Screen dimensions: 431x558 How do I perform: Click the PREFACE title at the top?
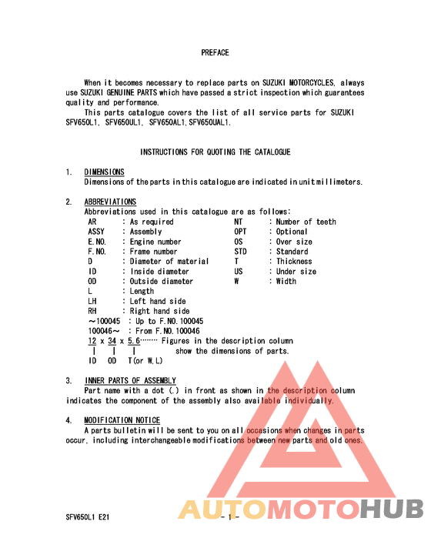pyautogui.click(x=215, y=53)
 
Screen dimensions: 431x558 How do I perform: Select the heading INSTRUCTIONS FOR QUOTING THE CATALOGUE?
pyautogui.click(x=215, y=152)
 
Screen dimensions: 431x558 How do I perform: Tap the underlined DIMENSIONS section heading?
pyautogui.click(x=104, y=172)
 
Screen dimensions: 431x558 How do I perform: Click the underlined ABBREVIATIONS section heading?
pyautogui.click(x=110, y=202)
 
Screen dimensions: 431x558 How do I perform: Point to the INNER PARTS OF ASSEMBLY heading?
pyautogui.click(x=130, y=381)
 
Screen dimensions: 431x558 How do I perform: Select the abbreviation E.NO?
pyautogui.click(x=97, y=242)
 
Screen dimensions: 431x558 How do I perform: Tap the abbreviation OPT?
pyautogui.click(x=240, y=232)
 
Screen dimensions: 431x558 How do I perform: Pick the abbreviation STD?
pyautogui.click(x=240, y=252)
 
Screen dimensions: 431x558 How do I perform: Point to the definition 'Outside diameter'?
pyautogui.click(x=162, y=282)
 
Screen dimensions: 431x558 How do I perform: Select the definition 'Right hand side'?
pyautogui.click(x=159, y=312)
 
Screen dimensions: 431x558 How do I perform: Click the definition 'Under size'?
pyautogui.click(x=296, y=272)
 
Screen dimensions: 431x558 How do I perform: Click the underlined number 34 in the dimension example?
pyautogui.click(x=112, y=341)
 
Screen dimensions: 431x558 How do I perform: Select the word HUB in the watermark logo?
pyautogui.click(x=392, y=510)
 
